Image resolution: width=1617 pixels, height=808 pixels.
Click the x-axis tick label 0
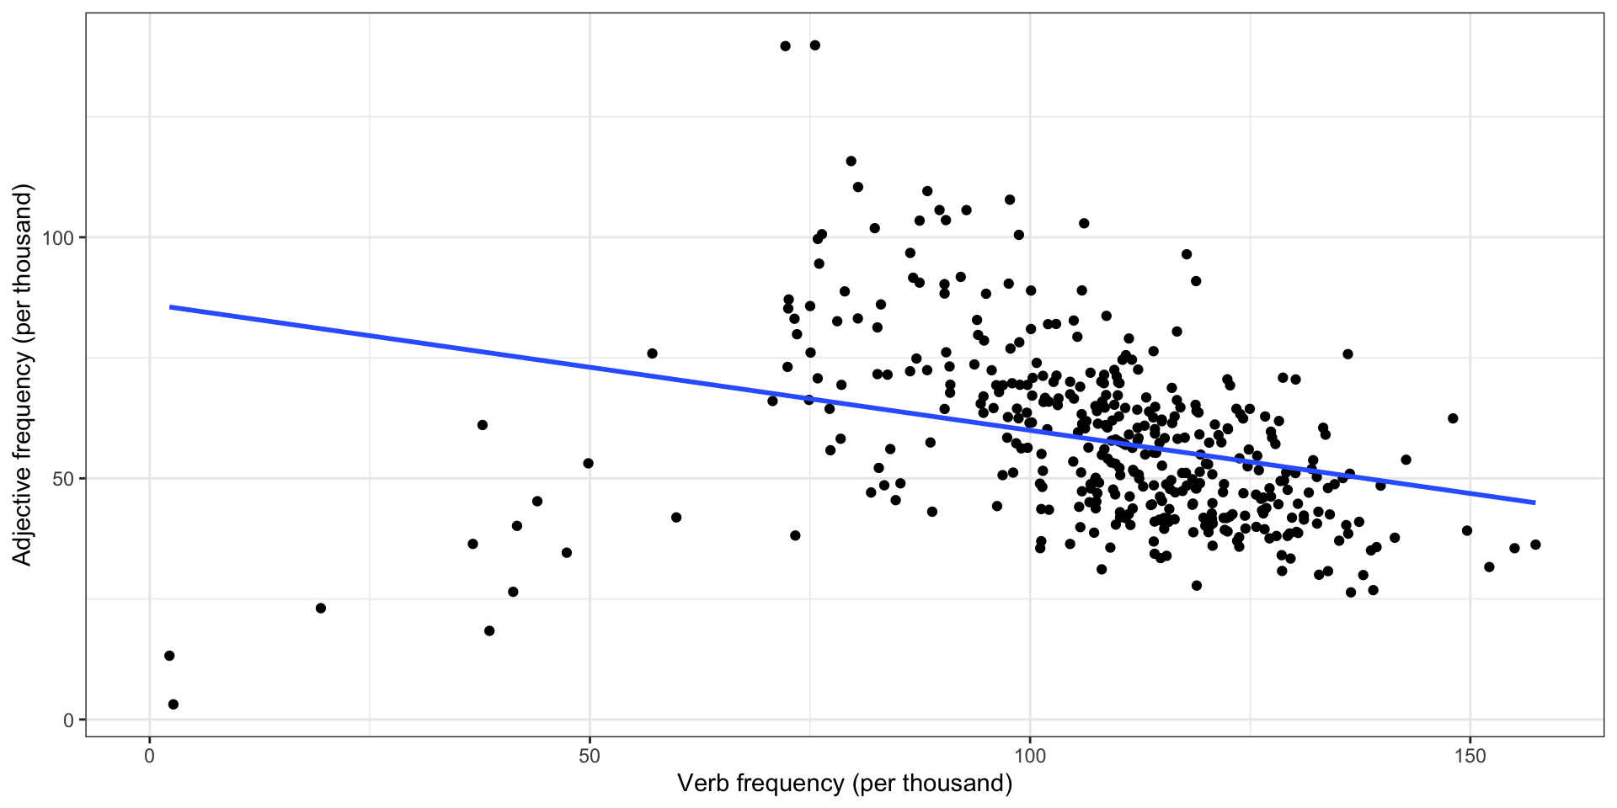click(150, 755)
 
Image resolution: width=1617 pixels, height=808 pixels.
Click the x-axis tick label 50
click(590, 755)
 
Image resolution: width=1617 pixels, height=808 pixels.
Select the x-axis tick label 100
click(1029, 755)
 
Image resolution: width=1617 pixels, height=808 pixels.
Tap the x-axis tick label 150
click(1470, 755)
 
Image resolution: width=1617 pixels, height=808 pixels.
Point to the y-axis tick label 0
click(69, 720)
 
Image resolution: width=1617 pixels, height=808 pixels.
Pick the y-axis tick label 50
click(64, 479)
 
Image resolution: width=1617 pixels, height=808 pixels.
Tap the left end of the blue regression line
click(171, 307)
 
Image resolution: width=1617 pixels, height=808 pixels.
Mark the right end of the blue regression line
click(1534, 502)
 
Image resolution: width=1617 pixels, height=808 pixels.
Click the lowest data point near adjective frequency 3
click(173, 704)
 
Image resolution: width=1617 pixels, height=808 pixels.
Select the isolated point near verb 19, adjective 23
click(320, 609)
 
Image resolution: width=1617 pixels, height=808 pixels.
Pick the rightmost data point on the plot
click(1535, 545)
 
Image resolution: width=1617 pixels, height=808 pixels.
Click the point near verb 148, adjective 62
click(1453, 418)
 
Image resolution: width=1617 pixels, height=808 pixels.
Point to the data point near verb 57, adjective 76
click(652, 353)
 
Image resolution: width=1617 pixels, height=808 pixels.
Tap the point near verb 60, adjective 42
click(676, 518)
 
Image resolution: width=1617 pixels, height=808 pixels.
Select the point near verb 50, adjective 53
click(589, 464)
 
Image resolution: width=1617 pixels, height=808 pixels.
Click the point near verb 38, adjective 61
click(483, 425)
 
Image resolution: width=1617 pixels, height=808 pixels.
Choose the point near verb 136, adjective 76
click(1347, 354)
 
